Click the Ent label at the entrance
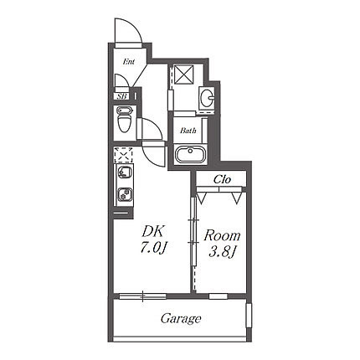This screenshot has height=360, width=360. pyautogui.click(x=129, y=62)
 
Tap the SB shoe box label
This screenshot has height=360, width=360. pyautogui.click(x=122, y=96)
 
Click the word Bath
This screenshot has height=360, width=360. pyautogui.click(x=188, y=131)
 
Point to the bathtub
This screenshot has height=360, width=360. pyautogui.click(x=190, y=155)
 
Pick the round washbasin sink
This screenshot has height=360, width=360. pyautogui.click(x=207, y=97)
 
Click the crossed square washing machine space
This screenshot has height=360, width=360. pyautogui.click(x=184, y=75)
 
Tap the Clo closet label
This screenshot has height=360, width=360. pyautogui.click(x=223, y=179)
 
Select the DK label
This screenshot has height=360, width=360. pyautogui.click(x=153, y=232)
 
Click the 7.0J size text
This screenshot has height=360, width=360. pyautogui.click(x=154, y=247)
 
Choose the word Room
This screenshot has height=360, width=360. pyautogui.click(x=222, y=236)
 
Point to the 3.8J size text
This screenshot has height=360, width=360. pyautogui.click(x=222, y=252)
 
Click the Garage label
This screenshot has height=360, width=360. pyautogui.click(x=181, y=318)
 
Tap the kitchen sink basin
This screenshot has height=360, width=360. pyautogui.click(x=124, y=172)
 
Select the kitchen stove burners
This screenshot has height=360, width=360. pyautogui.click(x=125, y=194)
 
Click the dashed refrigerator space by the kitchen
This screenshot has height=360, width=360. pyautogui.click(x=124, y=154)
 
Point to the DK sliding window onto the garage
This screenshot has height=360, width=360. pyautogui.click(x=142, y=296)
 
